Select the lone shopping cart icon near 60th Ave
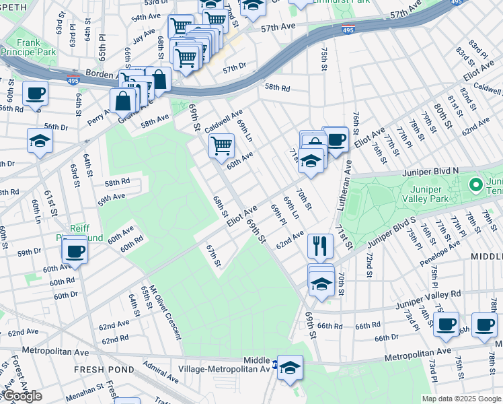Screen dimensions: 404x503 pos(221,145)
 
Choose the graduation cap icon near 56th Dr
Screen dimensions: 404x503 pos(40,141)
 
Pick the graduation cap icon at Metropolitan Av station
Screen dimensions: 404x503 pos(291,368)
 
